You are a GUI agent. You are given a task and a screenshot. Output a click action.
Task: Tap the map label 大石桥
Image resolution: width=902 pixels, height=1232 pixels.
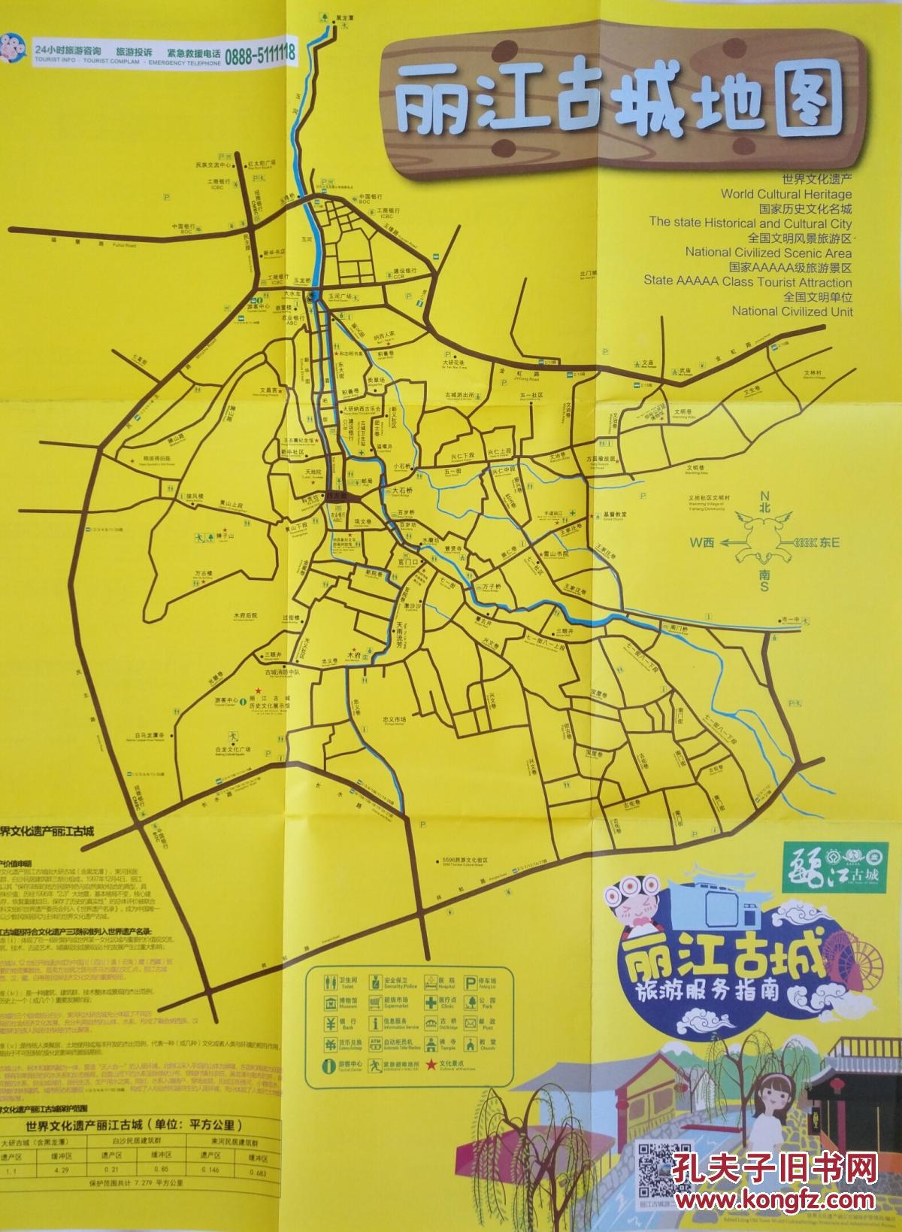click(x=403, y=490)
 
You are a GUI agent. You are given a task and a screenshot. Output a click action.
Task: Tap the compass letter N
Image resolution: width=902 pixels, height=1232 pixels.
click(x=764, y=496)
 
